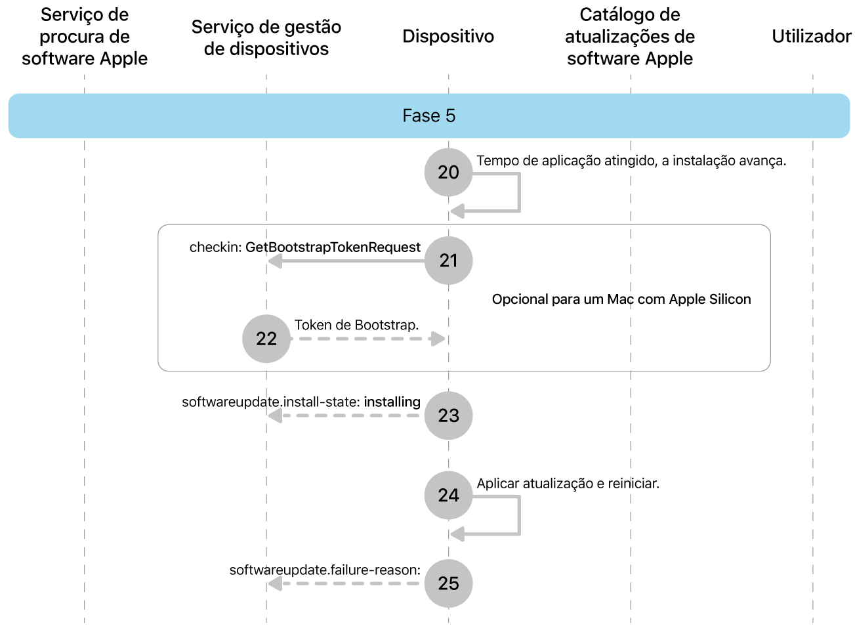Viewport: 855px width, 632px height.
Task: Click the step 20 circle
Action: pyautogui.click(x=448, y=172)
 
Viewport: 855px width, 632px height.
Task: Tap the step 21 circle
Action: pyautogui.click(x=448, y=261)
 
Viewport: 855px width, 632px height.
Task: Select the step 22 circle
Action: pyautogui.click(x=266, y=339)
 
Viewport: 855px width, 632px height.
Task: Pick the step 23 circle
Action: pyautogui.click(x=448, y=415)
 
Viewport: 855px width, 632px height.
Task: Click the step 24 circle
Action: pyautogui.click(x=448, y=495)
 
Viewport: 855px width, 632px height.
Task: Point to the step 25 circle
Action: pyautogui.click(x=448, y=583)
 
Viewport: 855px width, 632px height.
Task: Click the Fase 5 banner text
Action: pyautogui.click(x=428, y=116)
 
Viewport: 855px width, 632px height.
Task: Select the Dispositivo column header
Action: pyautogui.click(x=448, y=36)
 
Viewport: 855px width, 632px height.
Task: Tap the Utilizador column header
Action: pyautogui.click(x=811, y=36)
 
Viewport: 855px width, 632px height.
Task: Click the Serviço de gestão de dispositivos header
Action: pyautogui.click(x=266, y=37)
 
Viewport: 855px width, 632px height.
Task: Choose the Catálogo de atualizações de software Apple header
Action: pyautogui.click(x=630, y=37)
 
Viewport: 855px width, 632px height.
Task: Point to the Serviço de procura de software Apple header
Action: pyautogui.click(x=85, y=37)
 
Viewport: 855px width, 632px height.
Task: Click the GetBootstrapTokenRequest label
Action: pyautogui.click(x=333, y=247)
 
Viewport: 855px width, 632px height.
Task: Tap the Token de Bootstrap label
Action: pyautogui.click(x=356, y=325)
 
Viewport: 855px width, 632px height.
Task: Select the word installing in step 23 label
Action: pyautogui.click(x=392, y=402)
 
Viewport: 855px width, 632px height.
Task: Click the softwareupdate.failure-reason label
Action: pyautogui.click(x=325, y=570)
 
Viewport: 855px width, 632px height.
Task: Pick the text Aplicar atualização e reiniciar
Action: pyautogui.click(x=568, y=484)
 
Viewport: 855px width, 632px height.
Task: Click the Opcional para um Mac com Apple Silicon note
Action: pyautogui.click(x=621, y=299)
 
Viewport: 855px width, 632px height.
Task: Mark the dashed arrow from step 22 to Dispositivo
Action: pyautogui.click(x=367, y=339)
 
